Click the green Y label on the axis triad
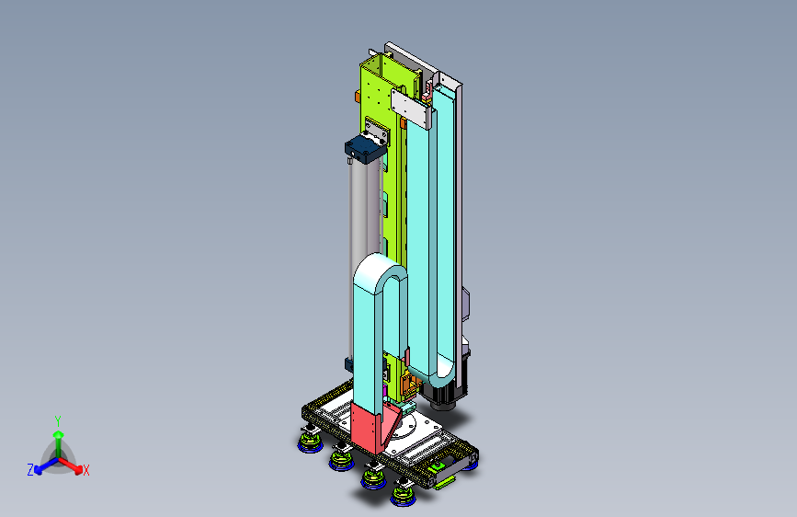click(x=58, y=420)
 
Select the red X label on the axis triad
click(x=85, y=470)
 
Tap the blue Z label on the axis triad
click(x=30, y=470)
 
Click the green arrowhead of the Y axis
click(x=59, y=434)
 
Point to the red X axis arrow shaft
click(x=68, y=463)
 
